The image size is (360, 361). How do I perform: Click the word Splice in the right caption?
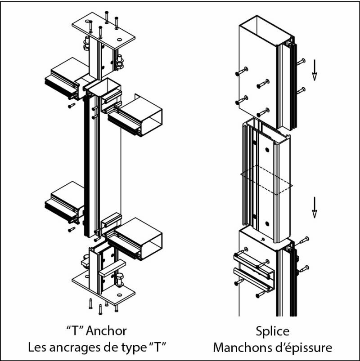tap(272, 331)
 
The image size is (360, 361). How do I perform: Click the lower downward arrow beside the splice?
tap(315, 208)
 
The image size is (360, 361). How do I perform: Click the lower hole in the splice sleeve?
tap(267, 223)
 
